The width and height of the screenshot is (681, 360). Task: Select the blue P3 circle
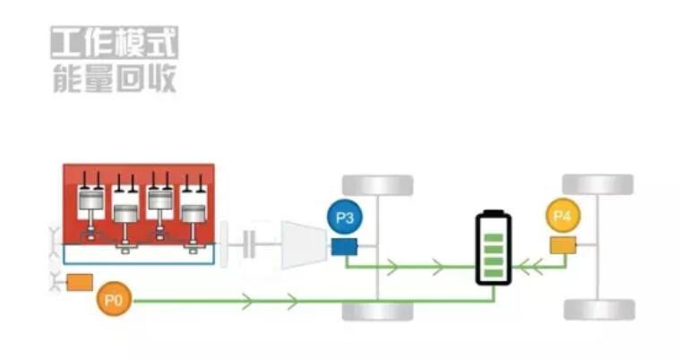344,219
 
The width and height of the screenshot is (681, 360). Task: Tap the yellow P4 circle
562,216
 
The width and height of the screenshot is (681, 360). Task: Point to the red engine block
138,205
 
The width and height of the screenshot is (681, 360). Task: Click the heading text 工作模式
114,43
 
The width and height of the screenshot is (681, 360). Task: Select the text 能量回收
114,78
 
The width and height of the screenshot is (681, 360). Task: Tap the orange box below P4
563,244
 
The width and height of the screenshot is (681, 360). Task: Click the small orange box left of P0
81,283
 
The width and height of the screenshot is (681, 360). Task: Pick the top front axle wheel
378,185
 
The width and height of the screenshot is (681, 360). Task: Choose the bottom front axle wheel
378,311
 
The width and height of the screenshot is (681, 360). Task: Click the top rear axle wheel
599,184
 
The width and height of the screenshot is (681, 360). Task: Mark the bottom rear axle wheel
599,310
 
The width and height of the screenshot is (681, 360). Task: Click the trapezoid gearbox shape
300,243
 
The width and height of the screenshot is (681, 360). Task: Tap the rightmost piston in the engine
192,213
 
